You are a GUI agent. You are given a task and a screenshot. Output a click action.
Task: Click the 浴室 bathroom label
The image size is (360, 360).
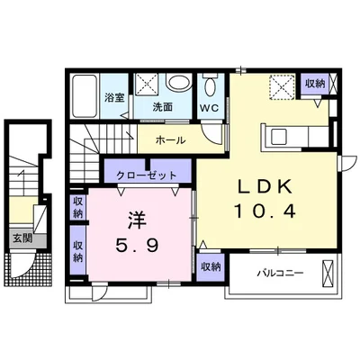point(114,98)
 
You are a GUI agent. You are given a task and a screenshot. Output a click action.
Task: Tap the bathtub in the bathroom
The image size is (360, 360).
point(85,96)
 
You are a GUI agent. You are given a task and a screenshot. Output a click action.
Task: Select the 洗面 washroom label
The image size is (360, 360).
point(163,107)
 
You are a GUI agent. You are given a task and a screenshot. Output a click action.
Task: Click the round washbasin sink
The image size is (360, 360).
point(179,83)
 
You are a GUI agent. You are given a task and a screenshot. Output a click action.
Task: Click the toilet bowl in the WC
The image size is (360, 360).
point(211,86)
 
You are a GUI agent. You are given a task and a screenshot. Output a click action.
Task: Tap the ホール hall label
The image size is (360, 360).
point(171,140)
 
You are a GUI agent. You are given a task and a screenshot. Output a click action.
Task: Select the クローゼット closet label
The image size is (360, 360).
point(147,175)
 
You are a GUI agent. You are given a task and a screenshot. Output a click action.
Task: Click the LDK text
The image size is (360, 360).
point(265,187)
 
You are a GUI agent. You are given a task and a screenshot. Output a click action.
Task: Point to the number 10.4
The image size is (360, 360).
point(265,211)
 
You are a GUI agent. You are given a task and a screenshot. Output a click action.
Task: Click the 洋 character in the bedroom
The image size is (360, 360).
point(137,220)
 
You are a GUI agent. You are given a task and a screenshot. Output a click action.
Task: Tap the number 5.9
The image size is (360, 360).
point(137,247)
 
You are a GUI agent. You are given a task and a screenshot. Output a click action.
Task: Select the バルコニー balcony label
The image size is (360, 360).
point(281,274)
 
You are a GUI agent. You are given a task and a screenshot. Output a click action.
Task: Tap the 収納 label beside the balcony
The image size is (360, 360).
point(211,266)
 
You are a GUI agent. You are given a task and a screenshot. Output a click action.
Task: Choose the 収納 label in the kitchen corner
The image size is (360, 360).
point(315,84)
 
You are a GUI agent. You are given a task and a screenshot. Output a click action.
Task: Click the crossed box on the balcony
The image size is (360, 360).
point(328,274)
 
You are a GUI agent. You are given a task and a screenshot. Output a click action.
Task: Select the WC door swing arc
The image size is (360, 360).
point(210,134)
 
